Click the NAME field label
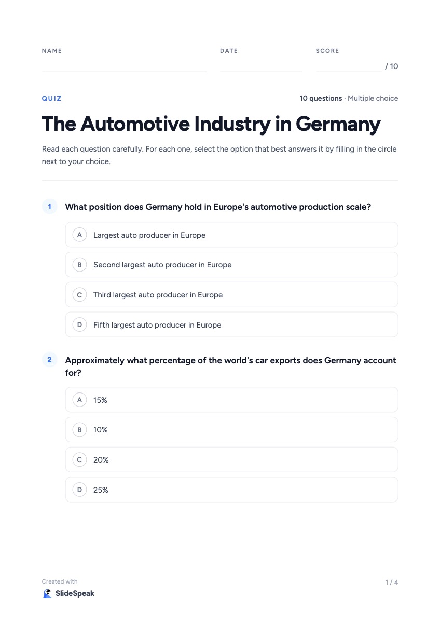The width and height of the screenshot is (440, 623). (x=52, y=51)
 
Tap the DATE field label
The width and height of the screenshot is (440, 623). (x=229, y=51)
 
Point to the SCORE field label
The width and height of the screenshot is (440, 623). (x=327, y=51)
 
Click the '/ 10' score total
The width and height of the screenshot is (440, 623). (x=391, y=66)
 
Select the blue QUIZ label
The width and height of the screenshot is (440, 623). (x=52, y=99)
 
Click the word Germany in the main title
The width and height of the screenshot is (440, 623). (x=338, y=124)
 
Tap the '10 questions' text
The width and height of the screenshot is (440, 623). (x=321, y=98)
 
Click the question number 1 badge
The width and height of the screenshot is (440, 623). (x=49, y=207)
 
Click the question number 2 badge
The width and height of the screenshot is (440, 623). (x=49, y=360)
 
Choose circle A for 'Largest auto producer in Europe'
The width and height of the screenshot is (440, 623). (x=79, y=235)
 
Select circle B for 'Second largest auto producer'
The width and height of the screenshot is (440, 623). (x=79, y=265)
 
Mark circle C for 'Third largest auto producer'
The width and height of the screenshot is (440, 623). (x=79, y=295)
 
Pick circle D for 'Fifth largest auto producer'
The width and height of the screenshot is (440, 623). (x=79, y=324)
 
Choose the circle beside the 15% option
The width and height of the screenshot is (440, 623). (x=79, y=400)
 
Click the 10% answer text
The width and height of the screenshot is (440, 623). (x=100, y=430)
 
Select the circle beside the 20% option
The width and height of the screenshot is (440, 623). (x=79, y=460)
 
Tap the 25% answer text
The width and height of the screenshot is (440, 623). (x=101, y=490)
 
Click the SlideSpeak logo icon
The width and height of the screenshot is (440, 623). (x=47, y=593)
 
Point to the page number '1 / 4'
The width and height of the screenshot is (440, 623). (x=392, y=582)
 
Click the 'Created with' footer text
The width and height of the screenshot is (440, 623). (x=60, y=581)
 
